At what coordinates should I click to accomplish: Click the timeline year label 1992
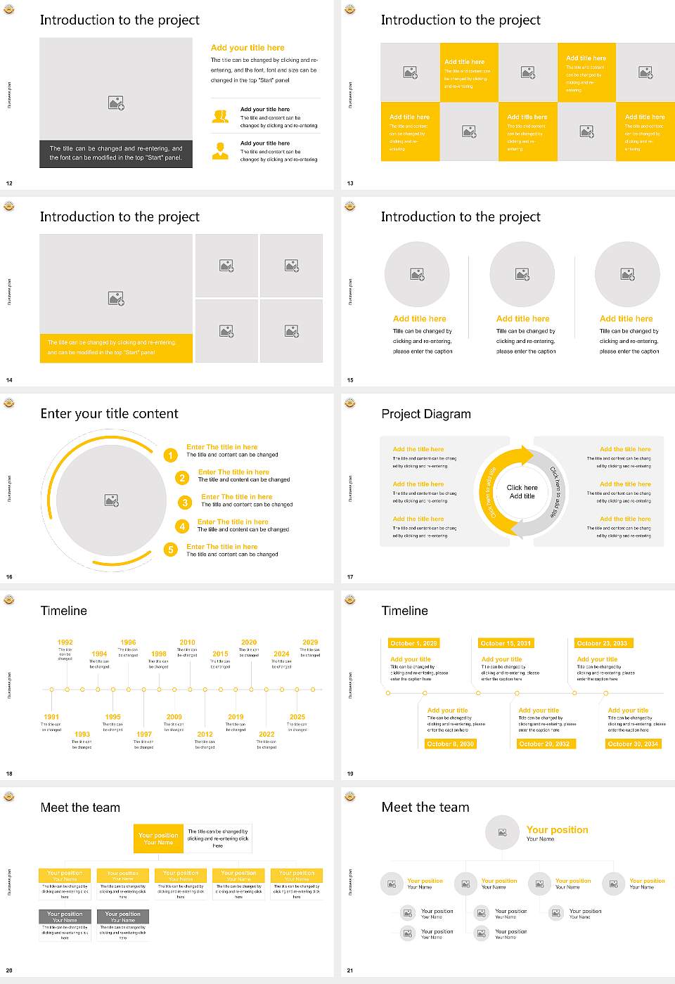65,642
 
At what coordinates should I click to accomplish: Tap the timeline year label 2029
310,642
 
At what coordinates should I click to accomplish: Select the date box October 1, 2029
413,643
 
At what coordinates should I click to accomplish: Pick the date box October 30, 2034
633,744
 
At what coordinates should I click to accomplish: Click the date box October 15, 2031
506,643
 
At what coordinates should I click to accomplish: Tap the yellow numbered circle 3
185,503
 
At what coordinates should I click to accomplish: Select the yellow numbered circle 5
170,550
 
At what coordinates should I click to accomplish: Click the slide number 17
350,577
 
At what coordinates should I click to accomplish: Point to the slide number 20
9,971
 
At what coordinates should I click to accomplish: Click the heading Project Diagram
426,414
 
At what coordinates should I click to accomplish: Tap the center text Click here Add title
522,491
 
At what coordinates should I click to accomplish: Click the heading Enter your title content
109,414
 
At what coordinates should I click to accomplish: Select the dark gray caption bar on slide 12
116,153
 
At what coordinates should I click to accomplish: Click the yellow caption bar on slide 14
116,348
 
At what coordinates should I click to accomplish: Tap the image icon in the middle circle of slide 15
522,274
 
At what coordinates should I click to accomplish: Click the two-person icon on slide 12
220,117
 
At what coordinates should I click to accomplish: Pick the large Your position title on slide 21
557,830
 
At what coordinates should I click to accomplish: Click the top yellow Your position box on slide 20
158,839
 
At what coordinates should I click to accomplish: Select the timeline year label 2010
187,642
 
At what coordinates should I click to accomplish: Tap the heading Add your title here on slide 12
247,48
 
